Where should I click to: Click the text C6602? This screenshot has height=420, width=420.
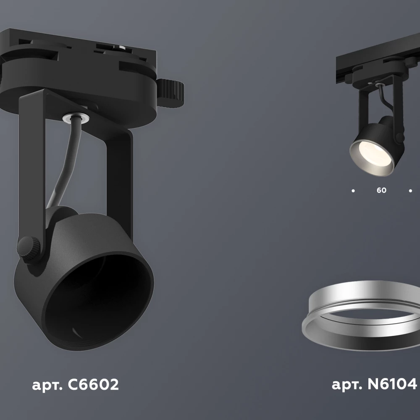click(93, 385)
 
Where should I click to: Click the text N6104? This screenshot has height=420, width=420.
click(392, 384)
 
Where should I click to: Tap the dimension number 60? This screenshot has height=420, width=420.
click(381, 190)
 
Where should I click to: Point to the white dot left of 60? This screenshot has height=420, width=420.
click(353, 191)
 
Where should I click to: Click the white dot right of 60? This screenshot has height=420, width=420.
click(410, 191)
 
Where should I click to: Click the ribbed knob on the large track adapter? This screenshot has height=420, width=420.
click(171, 92)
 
